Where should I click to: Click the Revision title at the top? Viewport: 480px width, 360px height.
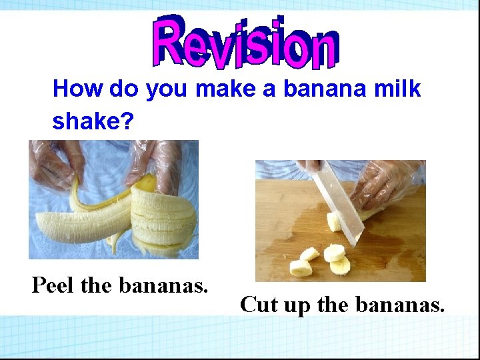click(x=245, y=41)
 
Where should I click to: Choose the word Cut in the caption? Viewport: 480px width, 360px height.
click(x=259, y=305)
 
